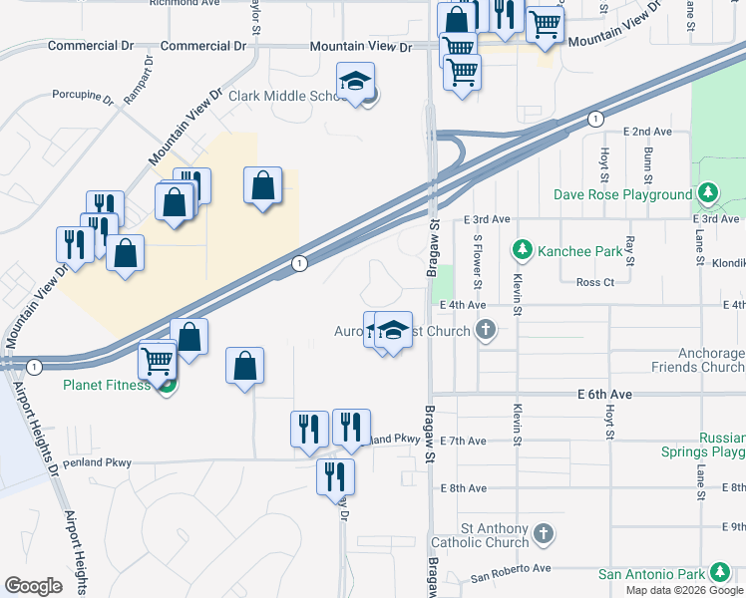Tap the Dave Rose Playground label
[623, 195]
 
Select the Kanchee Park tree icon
[520, 248]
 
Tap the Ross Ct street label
[596, 282]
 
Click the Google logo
[33, 586]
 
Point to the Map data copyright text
[684, 590]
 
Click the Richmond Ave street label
[185, 3]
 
